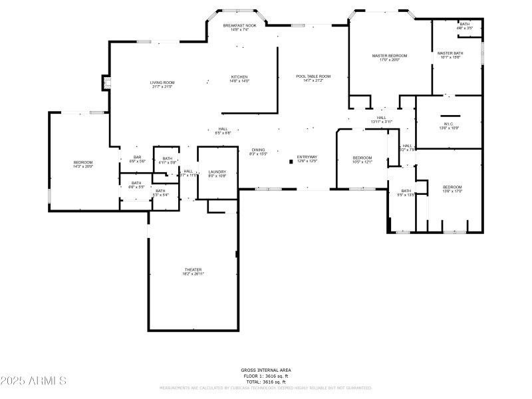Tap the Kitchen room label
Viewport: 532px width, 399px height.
[239, 77]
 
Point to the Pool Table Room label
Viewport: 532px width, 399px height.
[313, 76]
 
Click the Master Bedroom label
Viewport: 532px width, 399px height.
[389, 56]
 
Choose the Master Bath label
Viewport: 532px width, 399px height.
[450, 53]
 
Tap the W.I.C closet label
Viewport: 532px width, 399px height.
[448, 124]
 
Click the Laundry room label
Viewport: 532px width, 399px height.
[217, 172]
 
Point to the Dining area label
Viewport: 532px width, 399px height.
[258, 150]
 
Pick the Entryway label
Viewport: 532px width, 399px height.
[307, 158]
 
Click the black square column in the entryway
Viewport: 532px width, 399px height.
[291, 161]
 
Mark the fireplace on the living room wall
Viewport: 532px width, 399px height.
[105, 82]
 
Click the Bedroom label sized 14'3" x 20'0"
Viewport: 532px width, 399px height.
[83, 163]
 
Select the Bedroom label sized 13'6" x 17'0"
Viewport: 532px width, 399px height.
[452, 188]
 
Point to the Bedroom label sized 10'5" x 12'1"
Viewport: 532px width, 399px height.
[362, 158]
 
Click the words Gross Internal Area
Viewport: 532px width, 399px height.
[265, 370]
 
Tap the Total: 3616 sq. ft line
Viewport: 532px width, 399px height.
[265, 382]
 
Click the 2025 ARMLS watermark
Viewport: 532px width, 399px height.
[33, 381]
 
